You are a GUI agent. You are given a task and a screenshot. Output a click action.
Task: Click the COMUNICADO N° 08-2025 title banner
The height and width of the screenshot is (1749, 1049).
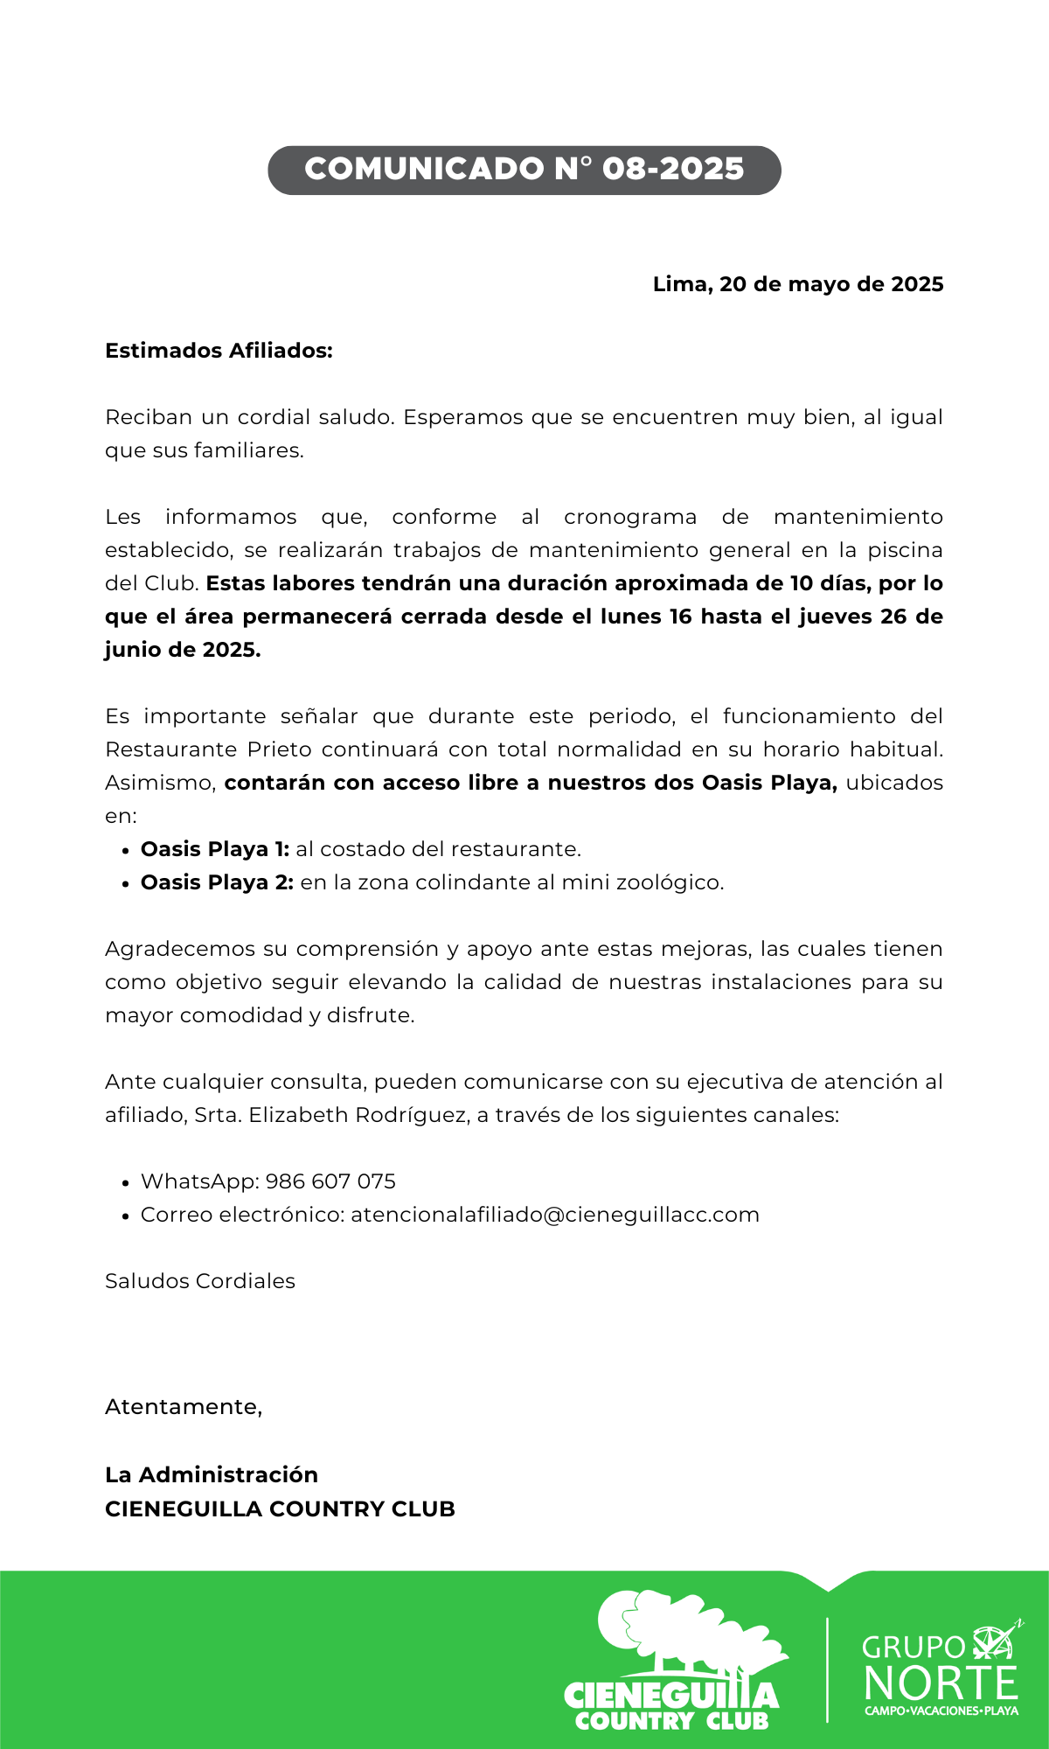coord(524,170)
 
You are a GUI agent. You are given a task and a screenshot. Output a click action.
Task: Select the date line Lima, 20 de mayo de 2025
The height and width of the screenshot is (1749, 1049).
coord(797,284)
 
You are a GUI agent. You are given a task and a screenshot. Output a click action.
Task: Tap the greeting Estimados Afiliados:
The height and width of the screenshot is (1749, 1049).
coord(219,351)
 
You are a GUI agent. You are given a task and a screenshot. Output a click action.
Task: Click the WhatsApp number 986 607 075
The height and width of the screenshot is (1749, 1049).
coord(330,1181)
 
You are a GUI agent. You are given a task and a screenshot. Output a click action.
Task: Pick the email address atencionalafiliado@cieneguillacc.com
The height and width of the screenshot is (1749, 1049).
coord(555,1215)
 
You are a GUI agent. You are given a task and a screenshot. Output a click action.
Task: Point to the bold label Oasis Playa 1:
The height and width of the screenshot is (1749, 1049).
coord(215,849)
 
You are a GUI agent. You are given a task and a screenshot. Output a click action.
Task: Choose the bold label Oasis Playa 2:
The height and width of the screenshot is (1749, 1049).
coord(217,882)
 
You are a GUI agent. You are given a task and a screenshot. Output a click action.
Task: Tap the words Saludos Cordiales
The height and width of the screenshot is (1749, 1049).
coord(200,1281)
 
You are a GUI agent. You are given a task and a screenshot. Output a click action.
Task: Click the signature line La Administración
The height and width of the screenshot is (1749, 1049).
coord(212,1475)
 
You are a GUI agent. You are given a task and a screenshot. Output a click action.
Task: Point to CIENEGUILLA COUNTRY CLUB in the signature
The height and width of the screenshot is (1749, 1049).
coord(280,1509)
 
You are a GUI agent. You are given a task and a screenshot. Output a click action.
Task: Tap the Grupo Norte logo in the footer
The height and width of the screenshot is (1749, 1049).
coord(941,1670)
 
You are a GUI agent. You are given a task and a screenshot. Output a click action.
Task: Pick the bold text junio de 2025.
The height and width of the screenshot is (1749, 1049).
coord(182,650)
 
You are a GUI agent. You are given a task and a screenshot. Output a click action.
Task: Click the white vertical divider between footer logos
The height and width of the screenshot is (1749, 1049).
coord(827,1669)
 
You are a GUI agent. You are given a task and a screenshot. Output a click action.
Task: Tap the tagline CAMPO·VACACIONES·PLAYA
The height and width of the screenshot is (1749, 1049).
coord(941,1711)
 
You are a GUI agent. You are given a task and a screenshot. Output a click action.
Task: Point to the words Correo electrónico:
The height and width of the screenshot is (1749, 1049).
coord(242,1215)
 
